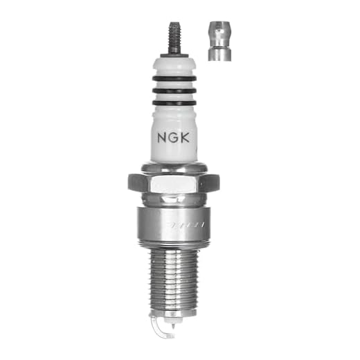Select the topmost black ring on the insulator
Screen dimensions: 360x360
(173, 79)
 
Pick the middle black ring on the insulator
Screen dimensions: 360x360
(173, 91)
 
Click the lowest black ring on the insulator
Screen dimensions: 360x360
(173, 102)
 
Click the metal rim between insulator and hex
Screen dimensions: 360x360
(173, 167)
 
